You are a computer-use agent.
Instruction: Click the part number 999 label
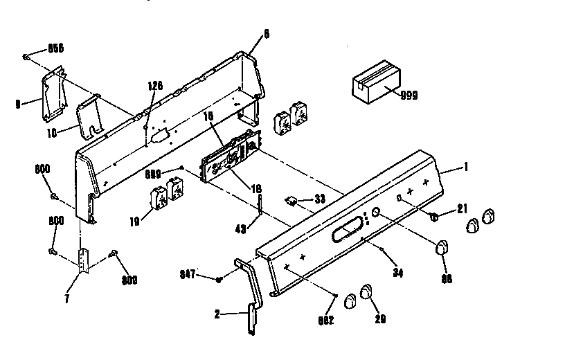(x=409, y=95)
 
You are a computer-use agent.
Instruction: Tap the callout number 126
(x=155, y=87)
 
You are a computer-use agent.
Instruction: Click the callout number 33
(x=319, y=199)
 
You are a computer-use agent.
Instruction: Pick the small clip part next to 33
(x=293, y=201)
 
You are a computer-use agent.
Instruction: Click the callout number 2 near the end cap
(x=217, y=314)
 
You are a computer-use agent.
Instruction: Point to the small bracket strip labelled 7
(x=83, y=260)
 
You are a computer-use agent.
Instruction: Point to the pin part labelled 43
(x=260, y=205)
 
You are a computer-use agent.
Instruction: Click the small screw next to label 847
(x=219, y=279)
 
